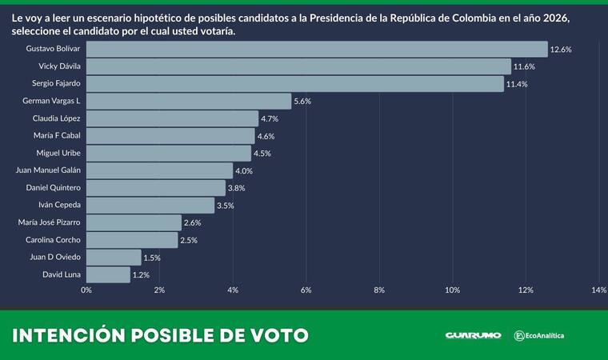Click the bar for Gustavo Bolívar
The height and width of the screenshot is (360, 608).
316,50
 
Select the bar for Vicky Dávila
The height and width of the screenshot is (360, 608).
298,66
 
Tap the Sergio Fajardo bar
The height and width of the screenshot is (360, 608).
294,84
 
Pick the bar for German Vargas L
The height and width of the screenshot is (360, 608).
188,101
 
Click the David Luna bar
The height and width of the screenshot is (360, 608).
107,274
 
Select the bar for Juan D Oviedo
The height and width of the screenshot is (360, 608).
113,258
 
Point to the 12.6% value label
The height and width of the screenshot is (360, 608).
561,50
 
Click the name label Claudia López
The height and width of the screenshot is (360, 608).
58,118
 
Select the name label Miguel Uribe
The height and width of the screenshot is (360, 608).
58,153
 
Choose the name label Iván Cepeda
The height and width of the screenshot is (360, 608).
60,206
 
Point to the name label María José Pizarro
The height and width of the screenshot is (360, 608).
49,222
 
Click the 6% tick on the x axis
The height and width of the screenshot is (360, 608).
306,290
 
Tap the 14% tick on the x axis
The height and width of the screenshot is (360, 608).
599,290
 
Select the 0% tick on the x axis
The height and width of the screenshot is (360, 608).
86,290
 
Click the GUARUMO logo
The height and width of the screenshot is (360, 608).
473,335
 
